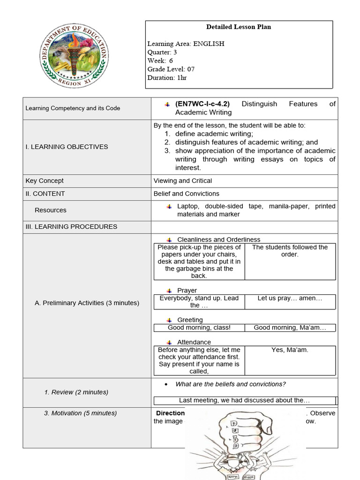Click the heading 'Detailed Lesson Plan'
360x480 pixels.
(x=239, y=27)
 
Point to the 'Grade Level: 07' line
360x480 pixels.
(x=171, y=69)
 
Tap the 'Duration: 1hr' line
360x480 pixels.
(x=167, y=77)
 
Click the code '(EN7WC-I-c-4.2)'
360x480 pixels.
(x=202, y=104)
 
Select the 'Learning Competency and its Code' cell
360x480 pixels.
(x=73, y=108)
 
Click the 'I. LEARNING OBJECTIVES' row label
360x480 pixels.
(x=67, y=147)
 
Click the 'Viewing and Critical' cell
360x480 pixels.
(x=183, y=181)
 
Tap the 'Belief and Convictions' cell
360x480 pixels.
(x=187, y=194)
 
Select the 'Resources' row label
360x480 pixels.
(x=51, y=210)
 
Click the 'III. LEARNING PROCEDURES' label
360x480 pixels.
(x=71, y=227)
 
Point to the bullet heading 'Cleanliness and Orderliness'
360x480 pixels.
(x=218, y=240)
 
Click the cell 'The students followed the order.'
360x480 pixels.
(x=290, y=251)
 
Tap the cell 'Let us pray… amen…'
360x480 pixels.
(x=290, y=298)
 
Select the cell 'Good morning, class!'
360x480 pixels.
(x=199, y=328)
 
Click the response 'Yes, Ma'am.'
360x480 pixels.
(x=290, y=350)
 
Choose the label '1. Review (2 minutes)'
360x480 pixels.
(x=76, y=392)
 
